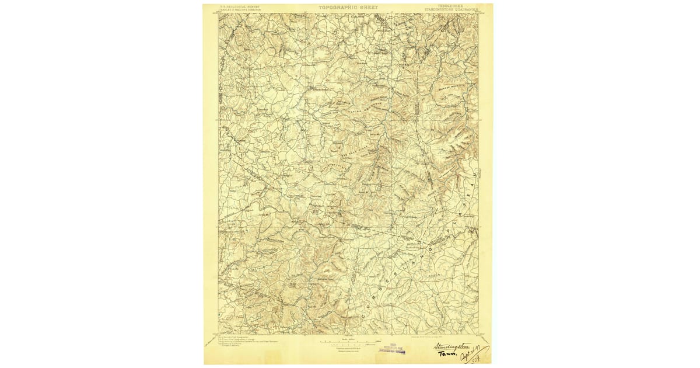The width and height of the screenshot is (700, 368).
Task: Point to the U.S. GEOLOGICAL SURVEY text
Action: pos(239,6)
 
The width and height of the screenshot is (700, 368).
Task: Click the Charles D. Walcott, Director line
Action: pos(240,10)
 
